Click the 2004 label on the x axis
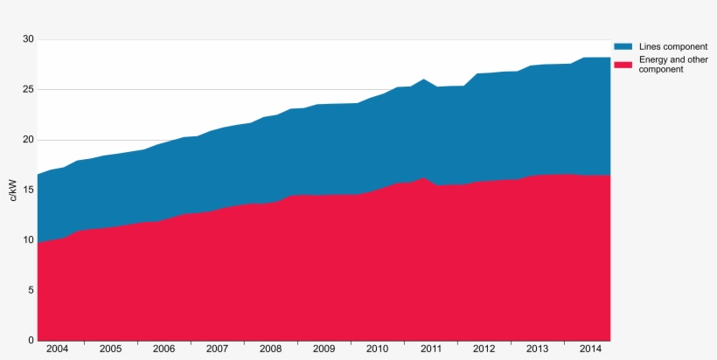point(57,349)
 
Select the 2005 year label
point(110,349)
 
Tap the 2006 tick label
point(164,349)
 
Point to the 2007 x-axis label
point(217,349)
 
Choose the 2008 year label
point(270,349)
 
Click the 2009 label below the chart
point(324,349)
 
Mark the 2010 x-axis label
point(377,349)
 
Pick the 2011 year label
point(430,349)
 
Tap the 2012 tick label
point(484,349)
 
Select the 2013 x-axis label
point(537,349)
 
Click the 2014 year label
point(590,349)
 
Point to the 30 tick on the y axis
point(27,39)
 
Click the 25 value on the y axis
point(27,89)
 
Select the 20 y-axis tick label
point(27,140)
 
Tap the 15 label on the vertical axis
point(27,190)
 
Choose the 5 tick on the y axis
point(30,290)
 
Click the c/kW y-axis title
point(13,190)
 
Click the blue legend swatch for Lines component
point(623,46)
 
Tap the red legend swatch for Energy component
point(623,64)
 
